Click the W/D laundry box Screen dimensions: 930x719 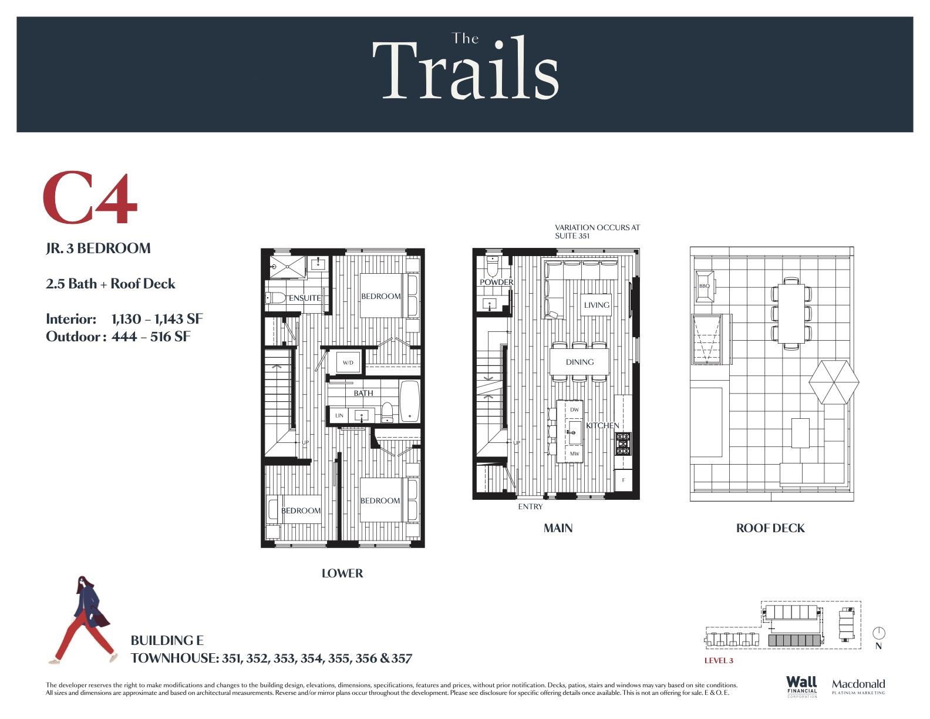tap(348, 362)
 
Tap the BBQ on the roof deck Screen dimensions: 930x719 tap(704, 286)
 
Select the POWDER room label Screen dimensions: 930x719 tap(497, 282)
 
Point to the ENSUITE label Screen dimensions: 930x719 tap(305, 298)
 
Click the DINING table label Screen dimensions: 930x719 tap(580, 362)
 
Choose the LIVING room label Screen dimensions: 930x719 tap(597, 305)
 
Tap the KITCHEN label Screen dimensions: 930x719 tap(602, 425)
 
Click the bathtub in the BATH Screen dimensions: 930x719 tap(410, 401)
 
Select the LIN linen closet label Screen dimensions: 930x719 tap(339, 415)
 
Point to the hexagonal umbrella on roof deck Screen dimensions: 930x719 tap(834, 382)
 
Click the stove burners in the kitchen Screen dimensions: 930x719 tap(623, 444)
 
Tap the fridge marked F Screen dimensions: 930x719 tap(623, 480)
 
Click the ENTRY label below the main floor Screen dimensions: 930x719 tap(530, 506)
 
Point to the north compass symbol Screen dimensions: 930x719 tap(878, 633)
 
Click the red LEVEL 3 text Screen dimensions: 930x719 tap(719, 660)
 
